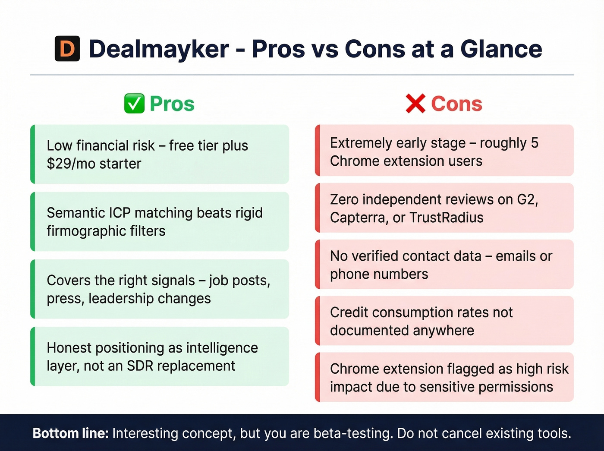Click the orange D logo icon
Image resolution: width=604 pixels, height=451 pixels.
(x=67, y=49)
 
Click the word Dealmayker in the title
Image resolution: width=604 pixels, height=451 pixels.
(x=159, y=49)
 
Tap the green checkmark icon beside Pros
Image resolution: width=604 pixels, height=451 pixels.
(x=134, y=104)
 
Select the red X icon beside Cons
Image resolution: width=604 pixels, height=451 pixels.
(x=415, y=104)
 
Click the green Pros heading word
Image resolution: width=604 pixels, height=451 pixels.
(x=172, y=104)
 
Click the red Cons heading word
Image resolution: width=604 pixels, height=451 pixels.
(x=456, y=104)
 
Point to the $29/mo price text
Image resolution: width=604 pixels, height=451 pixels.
(x=71, y=164)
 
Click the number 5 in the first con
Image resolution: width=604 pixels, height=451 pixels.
(x=535, y=143)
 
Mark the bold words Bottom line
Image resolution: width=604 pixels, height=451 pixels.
(x=71, y=433)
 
